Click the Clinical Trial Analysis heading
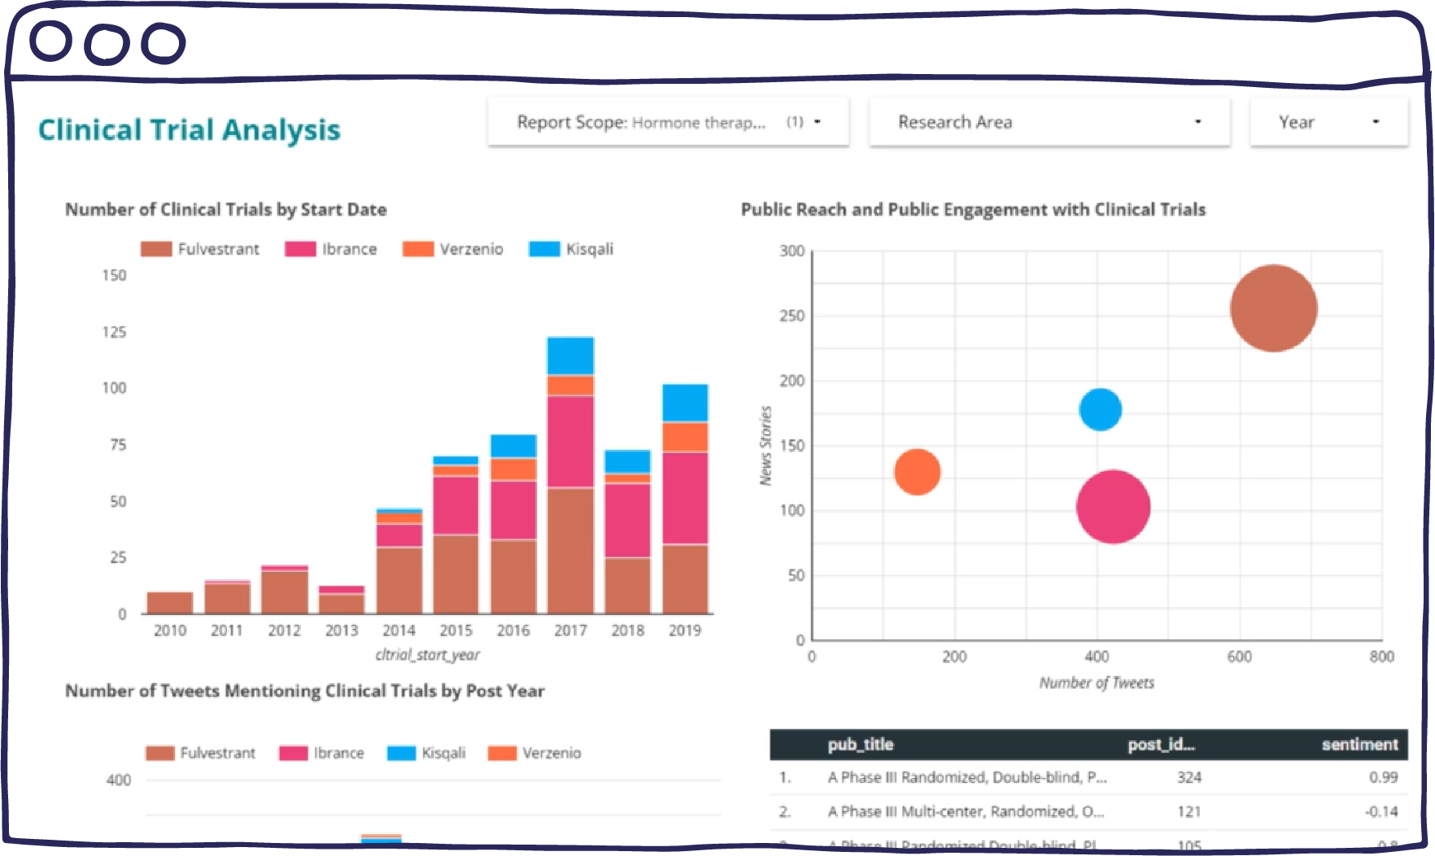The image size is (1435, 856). [x=189, y=130]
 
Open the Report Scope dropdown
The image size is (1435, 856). [x=668, y=122]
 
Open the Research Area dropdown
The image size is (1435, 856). [x=1049, y=122]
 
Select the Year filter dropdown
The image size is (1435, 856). [x=1328, y=122]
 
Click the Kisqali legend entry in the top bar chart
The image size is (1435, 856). [x=572, y=249]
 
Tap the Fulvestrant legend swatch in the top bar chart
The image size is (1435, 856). [x=156, y=249]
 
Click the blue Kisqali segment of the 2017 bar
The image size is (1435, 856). [x=570, y=356]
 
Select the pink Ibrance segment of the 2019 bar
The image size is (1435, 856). [x=685, y=497]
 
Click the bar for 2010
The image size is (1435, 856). [x=169, y=603]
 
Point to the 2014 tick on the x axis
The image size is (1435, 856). [x=399, y=631]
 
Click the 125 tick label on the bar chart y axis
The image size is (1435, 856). [x=114, y=332]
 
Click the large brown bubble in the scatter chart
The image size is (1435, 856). [x=1273, y=308]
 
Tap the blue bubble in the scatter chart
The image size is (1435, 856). [x=1100, y=409]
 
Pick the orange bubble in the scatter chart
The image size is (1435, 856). [x=917, y=472]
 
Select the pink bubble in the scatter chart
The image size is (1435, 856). [x=1113, y=507]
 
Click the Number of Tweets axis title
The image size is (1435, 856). [x=1096, y=683]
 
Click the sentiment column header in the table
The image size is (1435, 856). [x=1359, y=745]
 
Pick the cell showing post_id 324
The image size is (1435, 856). [x=1189, y=777]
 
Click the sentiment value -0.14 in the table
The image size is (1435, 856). [x=1380, y=811]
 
